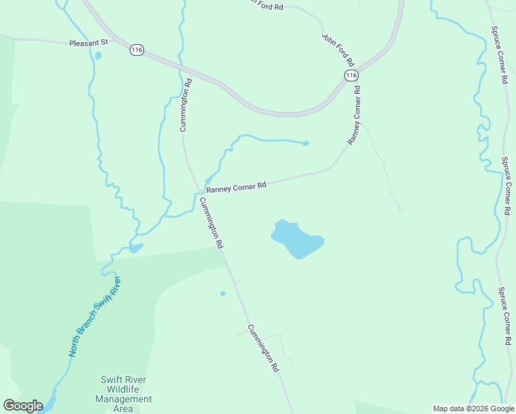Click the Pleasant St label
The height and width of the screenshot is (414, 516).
pos(89,43)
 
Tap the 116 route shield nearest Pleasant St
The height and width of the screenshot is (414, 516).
pos(137,50)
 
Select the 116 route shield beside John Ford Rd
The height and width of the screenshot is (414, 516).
pos(351,75)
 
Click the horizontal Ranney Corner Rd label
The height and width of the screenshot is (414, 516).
pos(236,187)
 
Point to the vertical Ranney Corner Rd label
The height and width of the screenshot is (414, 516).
pos(355,115)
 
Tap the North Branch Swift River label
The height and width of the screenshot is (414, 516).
pos(95,316)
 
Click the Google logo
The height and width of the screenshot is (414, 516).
pos(23,406)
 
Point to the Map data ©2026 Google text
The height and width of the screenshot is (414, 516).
pos(473,408)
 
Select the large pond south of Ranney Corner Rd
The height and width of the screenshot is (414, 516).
pos(297,239)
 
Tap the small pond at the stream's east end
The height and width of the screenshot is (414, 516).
pos(305,144)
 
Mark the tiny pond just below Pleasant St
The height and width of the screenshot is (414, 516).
pos(97,56)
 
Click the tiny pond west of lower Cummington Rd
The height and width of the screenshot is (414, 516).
pos(222,294)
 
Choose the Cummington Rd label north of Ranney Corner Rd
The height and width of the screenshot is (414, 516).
pos(186,104)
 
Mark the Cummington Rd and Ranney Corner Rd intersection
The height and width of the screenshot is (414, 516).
pos(199,191)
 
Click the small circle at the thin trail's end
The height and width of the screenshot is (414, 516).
pos(400,210)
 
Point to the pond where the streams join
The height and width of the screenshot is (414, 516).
pos(135,248)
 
